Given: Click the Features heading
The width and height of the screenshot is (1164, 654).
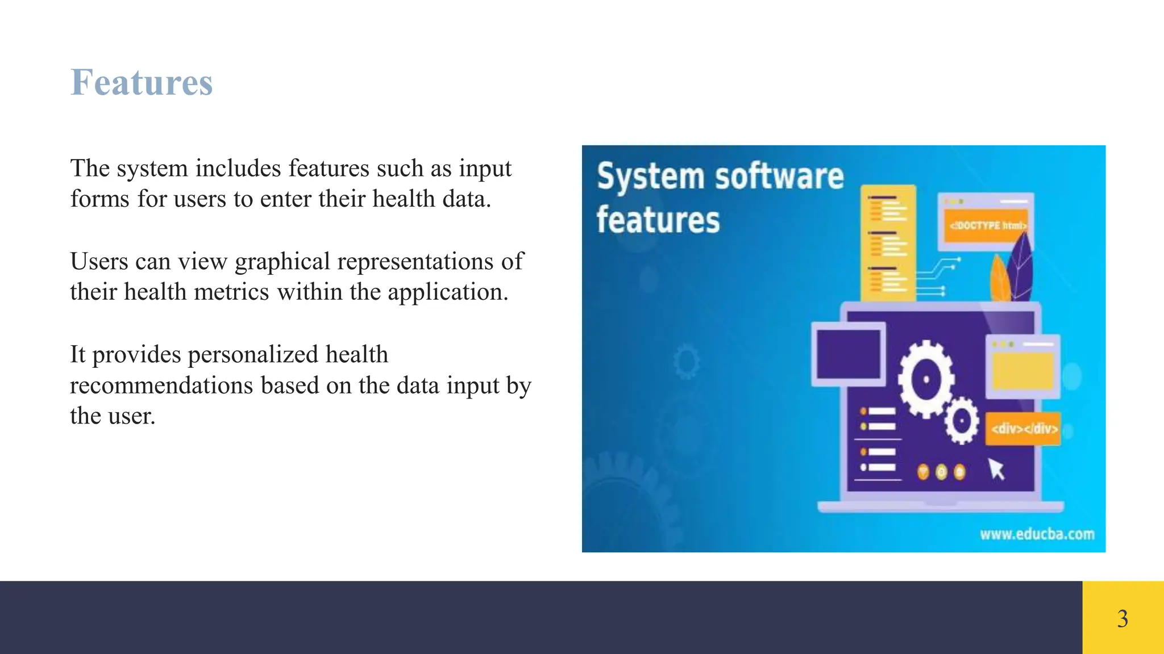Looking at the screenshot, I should [x=142, y=82].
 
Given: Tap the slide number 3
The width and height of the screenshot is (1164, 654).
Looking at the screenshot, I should [x=1123, y=618].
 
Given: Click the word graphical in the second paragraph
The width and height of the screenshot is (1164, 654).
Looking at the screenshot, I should [x=282, y=262].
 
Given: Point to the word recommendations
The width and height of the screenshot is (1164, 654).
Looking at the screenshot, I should [x=161, y=385].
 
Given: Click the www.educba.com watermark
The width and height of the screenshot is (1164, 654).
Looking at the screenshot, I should [x=1037, y=534].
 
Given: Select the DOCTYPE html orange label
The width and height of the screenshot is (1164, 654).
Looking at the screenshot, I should [x=987, y=225].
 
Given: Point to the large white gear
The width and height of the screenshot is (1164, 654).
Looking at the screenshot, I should [x=926, y=379].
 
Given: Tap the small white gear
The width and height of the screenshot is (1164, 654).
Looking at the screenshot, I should [x=961, y=421].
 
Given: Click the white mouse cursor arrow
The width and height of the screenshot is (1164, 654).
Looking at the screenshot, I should [x=996, y=469].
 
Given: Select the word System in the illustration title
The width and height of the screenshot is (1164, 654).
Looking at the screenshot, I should [x=651, y=177].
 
